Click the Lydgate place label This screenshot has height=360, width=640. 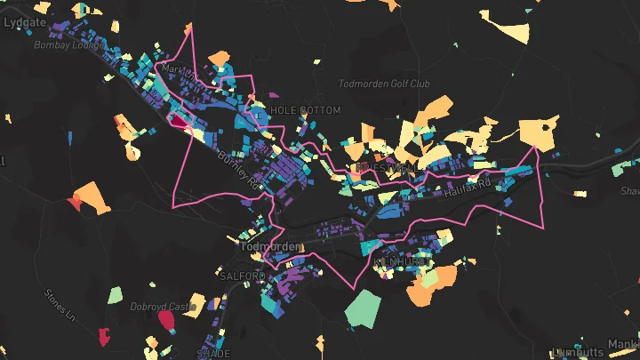click(24, 24)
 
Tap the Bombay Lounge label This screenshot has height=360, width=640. click(65, 44)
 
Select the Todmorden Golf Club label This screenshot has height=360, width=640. click(384, 84)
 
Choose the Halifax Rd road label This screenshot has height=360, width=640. click(471, 185)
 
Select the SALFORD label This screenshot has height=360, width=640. click(242, 276)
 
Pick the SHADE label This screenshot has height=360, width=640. click(213, 353)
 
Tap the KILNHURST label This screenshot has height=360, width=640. click(395, 261)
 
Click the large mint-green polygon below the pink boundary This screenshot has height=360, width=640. click(363, 308)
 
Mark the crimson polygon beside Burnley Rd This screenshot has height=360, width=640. click(179, 121)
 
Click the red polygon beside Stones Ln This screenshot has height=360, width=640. click(74, 204)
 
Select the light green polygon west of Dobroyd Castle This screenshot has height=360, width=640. click(115, 294)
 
